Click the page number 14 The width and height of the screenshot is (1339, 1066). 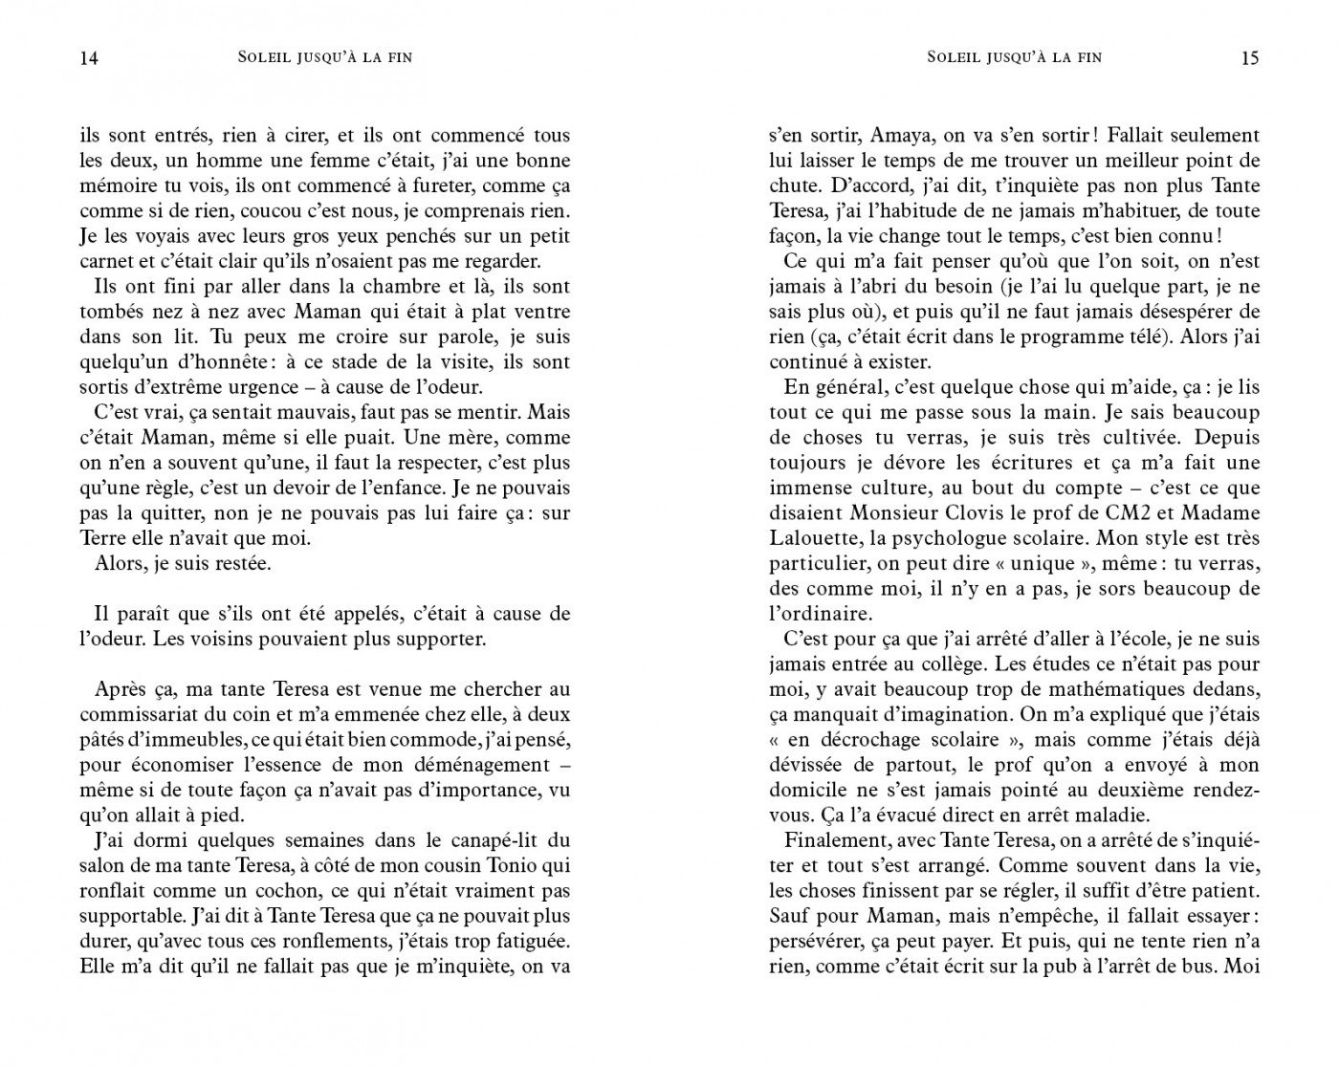(x=88, y=58)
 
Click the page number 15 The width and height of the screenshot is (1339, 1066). (x=1249, y=58)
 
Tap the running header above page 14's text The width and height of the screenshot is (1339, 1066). (x=324, y=57)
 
